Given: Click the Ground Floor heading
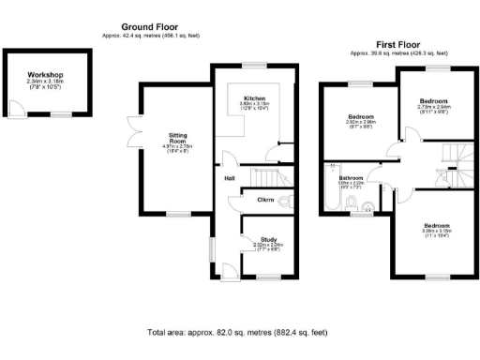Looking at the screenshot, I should coord(150,28).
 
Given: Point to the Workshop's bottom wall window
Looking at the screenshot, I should coord(62,114).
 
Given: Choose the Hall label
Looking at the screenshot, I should coord(230,177).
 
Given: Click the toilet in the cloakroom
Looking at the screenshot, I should coord(286,200).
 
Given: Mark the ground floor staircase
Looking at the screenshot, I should coord(268,176).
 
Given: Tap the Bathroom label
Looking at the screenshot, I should coord(351,177).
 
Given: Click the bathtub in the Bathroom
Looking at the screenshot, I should coord(328,192).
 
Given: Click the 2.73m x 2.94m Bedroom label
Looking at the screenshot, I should coord(432,100).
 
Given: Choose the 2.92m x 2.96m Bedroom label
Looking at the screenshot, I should coord(361,117).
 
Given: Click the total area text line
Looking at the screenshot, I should coord(237,333).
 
